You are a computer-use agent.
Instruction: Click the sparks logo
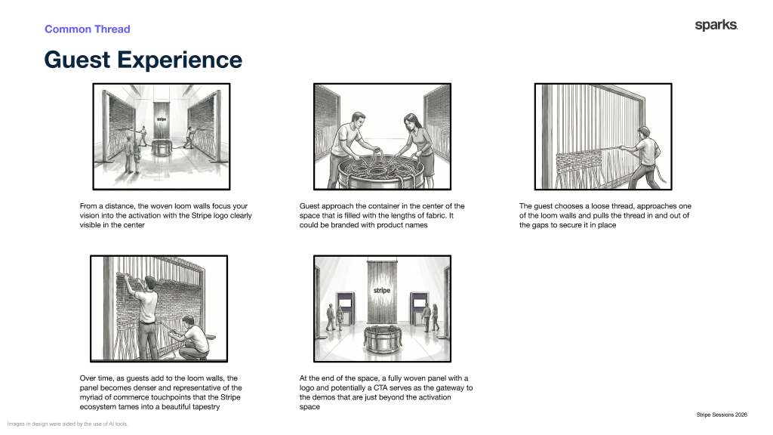click(x=716, y=25)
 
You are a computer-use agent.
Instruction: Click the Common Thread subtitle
click(x=88, y=29)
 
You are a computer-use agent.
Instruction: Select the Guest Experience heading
click(x=143, y=60)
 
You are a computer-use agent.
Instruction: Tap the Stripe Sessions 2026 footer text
click(x=721, y=415)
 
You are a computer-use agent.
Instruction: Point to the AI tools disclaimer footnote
click(x=67, y=424)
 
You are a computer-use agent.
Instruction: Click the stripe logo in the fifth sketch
click(x=382, y=291)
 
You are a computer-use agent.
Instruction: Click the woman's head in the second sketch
click(x=410, y=121)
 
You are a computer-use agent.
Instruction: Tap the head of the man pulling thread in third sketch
click(x=643, y=132)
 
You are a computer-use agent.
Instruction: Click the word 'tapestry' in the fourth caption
click(x=205, y=407)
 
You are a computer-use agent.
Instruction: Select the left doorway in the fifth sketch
click(x=345, y=309)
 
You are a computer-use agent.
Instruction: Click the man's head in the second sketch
click(x=359, y=119)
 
